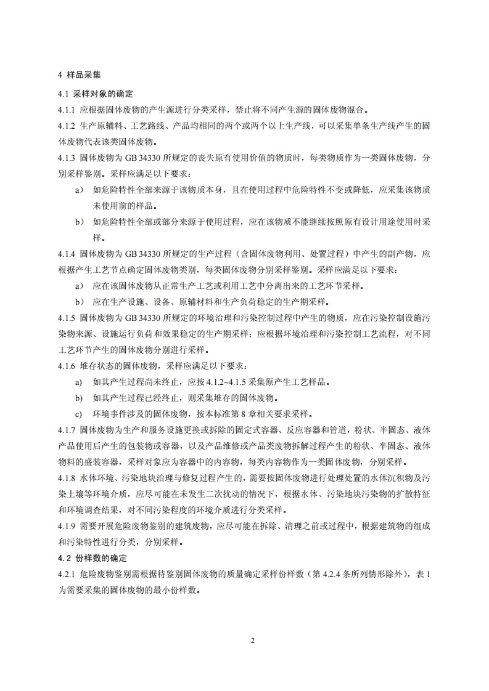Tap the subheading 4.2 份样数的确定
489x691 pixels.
pos(92,559)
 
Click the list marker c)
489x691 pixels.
pos(78,413)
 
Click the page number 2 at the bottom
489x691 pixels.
pos(252,640)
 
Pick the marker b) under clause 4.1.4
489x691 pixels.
pos(79,301)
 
